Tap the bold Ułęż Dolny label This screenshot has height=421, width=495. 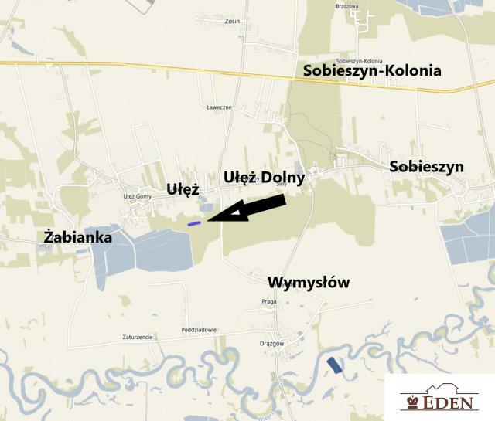pyautogui.click(x=264, y=178)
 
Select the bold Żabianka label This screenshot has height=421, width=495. pyautogui.click(x=78, y=237)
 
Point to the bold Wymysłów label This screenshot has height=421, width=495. pyautogui.click(x=309, y=283)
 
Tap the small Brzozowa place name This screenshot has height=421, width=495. pyautogui.click(x=348, y=5)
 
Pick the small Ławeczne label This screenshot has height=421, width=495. pyautogui.click(x=219, y=107)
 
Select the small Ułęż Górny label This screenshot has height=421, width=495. pyautogui.click(x=138, y=196)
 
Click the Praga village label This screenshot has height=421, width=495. pyautogui.click(x=269, y=301)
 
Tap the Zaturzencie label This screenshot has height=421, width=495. pyautogui.click(x=138, y=338)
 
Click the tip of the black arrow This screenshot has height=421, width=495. pyautogui.click(x=210, y=219)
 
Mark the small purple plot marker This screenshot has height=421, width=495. pyautogui.click(x=194, y=223)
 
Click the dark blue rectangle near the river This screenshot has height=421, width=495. pyautogui.click(x=334, y=365)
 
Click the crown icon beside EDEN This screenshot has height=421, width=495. pyautogui.click(x=411, y=402)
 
